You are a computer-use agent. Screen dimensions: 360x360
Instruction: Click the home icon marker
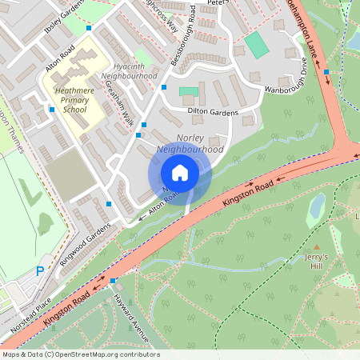(x=180, y=173)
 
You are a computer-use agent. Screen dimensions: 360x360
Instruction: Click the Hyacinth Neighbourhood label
(x=130, y=70)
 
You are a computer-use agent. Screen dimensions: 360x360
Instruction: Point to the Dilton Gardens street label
(x=212, y=112)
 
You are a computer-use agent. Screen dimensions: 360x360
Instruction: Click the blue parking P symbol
(x=39, y=272)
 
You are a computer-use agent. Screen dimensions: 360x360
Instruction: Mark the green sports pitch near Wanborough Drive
(x=257, y=44)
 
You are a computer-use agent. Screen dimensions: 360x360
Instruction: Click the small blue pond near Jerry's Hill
(x=317, y=206)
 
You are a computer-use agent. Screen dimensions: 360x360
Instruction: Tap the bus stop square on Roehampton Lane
(x=326, y=73)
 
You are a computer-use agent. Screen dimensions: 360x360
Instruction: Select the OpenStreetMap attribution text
(x=80, y=354)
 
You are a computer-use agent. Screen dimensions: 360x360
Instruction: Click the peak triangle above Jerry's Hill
(x=317, y=248)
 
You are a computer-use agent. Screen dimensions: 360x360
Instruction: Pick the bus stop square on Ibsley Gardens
(x=88, y=28)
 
